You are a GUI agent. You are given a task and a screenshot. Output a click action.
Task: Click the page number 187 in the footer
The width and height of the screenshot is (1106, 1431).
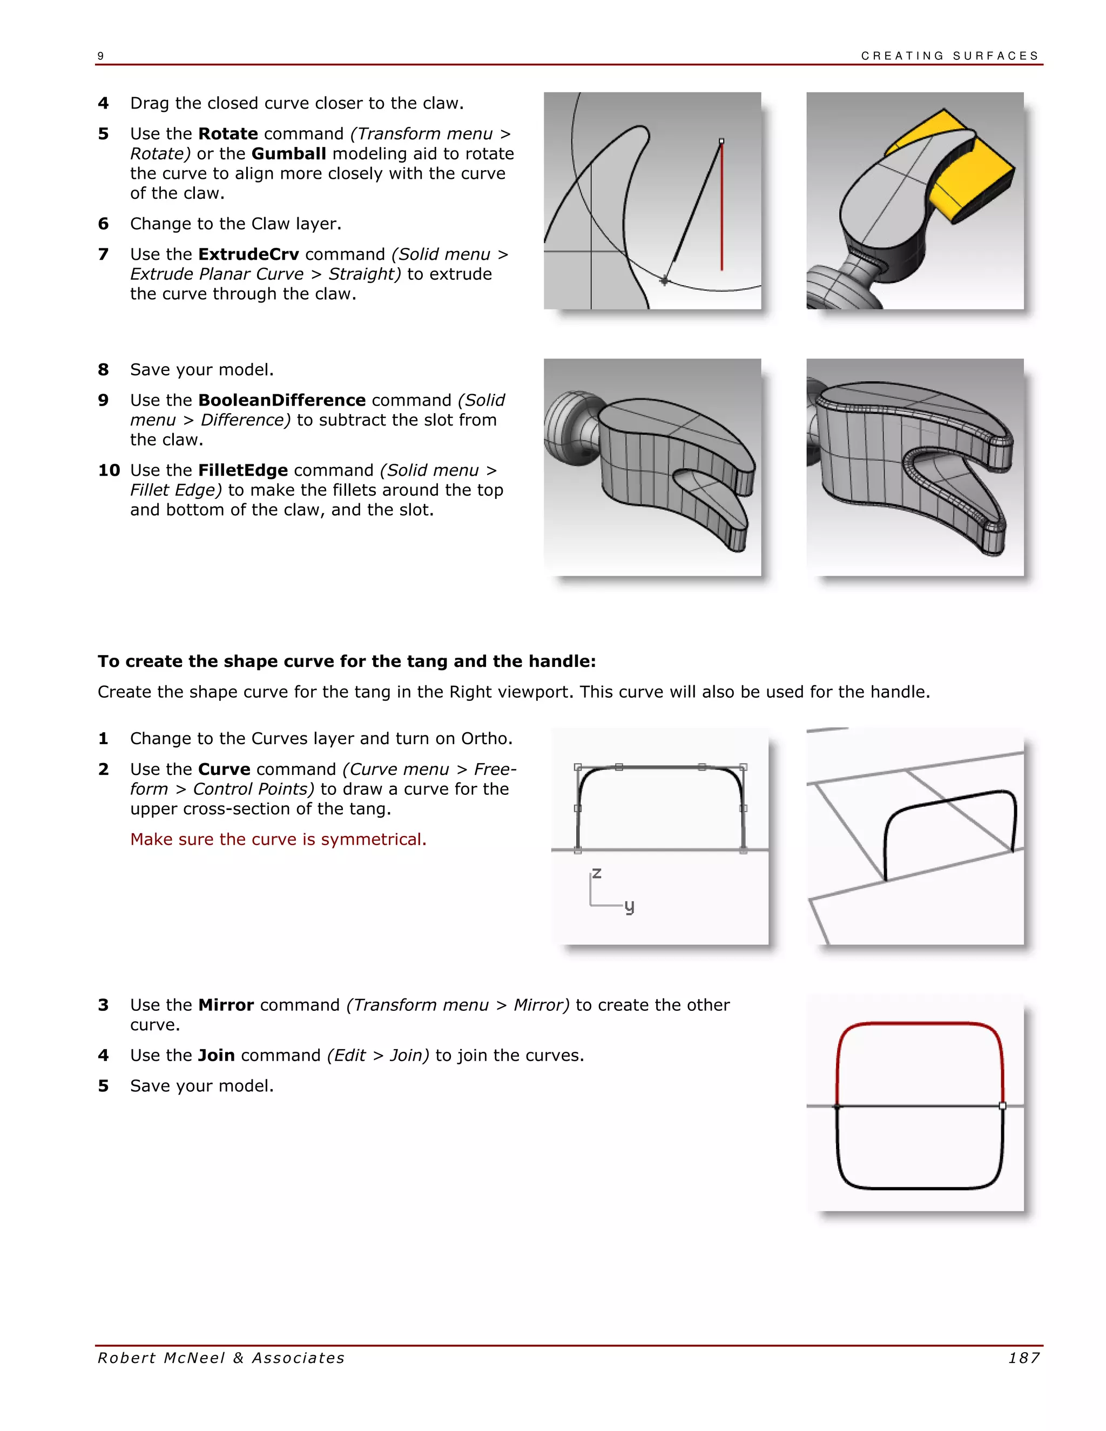click(1023, 1358)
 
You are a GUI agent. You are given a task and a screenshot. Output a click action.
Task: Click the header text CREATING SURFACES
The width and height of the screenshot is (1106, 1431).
click(949, 56)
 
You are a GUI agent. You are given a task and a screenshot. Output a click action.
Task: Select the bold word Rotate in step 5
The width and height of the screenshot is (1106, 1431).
click(227, 134)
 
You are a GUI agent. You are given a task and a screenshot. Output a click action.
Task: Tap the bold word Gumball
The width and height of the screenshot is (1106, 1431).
click(288, 153)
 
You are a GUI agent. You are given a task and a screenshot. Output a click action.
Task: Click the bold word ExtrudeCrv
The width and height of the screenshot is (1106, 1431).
click(248, 254)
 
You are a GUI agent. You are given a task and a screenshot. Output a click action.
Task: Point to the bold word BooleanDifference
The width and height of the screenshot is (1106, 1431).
click(282, 400)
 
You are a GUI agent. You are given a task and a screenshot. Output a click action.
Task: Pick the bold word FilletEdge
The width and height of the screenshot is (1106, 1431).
click(243, 470)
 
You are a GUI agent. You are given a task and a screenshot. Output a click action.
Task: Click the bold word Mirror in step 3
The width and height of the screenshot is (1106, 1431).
click(226, 1005)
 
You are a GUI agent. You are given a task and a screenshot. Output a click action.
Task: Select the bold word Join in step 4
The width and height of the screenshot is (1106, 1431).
click(216, 1056)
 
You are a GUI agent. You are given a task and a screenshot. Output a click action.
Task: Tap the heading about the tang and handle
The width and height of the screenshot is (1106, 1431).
click(347, 661)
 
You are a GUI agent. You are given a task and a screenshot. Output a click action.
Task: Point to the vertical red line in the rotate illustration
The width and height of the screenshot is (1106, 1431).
click(722, 210)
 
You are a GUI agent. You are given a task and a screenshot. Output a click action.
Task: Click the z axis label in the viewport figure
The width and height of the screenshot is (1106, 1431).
click(596, 873)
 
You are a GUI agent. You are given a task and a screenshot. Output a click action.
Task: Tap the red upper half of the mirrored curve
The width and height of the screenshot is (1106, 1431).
click(920, 1023)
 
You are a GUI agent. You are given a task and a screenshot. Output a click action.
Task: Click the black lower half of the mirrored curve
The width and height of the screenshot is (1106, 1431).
click(920, 1187)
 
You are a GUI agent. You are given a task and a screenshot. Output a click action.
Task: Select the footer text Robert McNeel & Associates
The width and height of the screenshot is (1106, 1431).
click(221, 1358)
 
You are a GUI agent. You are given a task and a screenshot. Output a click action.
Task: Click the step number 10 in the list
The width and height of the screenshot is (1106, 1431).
click(109, 470)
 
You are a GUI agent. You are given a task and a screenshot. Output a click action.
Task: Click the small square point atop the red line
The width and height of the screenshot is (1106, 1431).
click(721, 141)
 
